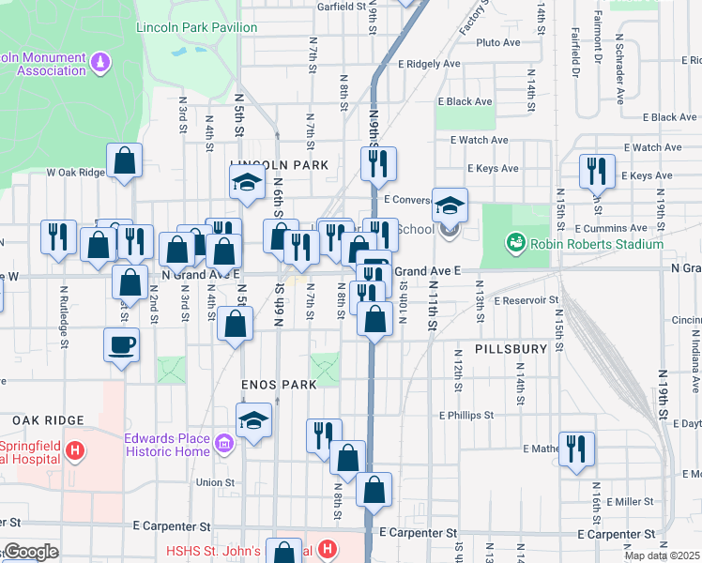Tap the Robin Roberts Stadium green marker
tap(515, 244)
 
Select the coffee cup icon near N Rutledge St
tap(121, 343)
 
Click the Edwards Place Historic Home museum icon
tap(224, 442)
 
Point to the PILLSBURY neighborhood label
tap(511, 348)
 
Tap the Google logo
tap(30, 552)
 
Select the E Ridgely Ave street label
tap(429, 64)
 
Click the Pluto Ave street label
tap(497, 42)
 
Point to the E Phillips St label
tap(465, 415)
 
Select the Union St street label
tap(215, 482)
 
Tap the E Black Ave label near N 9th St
tap(465, 101)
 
